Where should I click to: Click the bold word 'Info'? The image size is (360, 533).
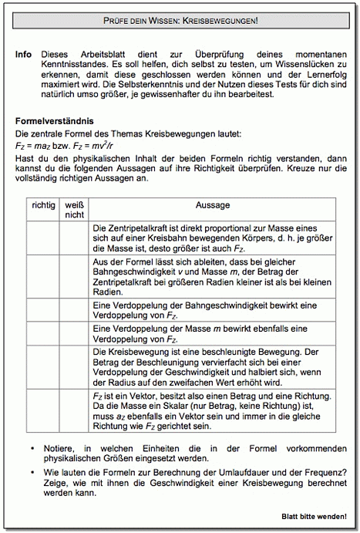pyautogui.click(x=23, y=56)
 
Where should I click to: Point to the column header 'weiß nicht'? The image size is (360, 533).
pyautogui.click(x=73, y=212)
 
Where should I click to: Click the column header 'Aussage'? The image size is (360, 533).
pyautogui.click(x=213, y=207)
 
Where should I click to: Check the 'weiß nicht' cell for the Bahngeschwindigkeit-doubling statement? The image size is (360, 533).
pyautogui.click(x=73, y=311)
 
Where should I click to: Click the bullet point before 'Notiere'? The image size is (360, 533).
pyautogui.click(x=32, y=447)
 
